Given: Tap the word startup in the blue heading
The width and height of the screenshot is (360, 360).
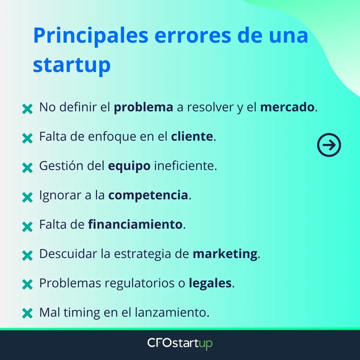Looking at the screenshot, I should [72, 65].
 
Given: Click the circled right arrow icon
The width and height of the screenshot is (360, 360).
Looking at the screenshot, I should [329, 145].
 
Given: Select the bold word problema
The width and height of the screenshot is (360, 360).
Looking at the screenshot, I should [143, 108].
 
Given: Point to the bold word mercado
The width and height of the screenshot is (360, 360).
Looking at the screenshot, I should [287, 108].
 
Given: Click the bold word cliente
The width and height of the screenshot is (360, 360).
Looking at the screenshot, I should [192, 137].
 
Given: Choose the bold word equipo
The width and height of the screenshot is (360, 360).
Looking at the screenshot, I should [129, 166].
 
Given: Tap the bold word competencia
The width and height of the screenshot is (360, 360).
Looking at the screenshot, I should [148, 195].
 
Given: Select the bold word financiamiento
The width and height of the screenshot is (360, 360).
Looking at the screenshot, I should [135, 224].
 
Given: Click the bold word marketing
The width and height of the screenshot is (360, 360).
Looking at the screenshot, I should [225, 254].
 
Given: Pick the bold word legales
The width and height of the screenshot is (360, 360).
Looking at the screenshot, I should [210, 283].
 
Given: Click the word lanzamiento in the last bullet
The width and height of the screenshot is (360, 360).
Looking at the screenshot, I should [172, 312].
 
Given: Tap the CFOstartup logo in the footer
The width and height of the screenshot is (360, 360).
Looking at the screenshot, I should [180, 344].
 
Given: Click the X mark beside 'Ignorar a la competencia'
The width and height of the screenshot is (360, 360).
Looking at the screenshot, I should [27, 197].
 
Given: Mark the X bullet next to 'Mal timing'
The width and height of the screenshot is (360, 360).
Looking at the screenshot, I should [27, 313].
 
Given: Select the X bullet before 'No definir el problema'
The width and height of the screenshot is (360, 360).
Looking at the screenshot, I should [27, 109].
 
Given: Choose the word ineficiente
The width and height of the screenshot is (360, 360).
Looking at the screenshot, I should [185, 166].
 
